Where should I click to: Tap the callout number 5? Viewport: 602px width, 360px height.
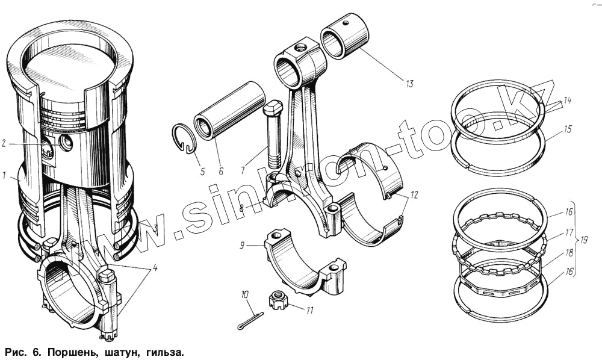click(202, 172)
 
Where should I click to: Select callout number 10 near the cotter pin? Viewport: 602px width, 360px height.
click(244, 295)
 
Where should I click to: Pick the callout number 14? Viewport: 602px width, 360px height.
click(568, 101)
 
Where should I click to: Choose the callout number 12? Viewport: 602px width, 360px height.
click(414, 195)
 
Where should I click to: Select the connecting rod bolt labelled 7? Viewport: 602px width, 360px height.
click(273, 135)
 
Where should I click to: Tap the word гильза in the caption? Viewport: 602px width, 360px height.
click(161, 350)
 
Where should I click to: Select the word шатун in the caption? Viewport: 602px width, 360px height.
click(120, 350)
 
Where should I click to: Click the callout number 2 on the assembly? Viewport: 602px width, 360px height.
click(4, 143)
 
